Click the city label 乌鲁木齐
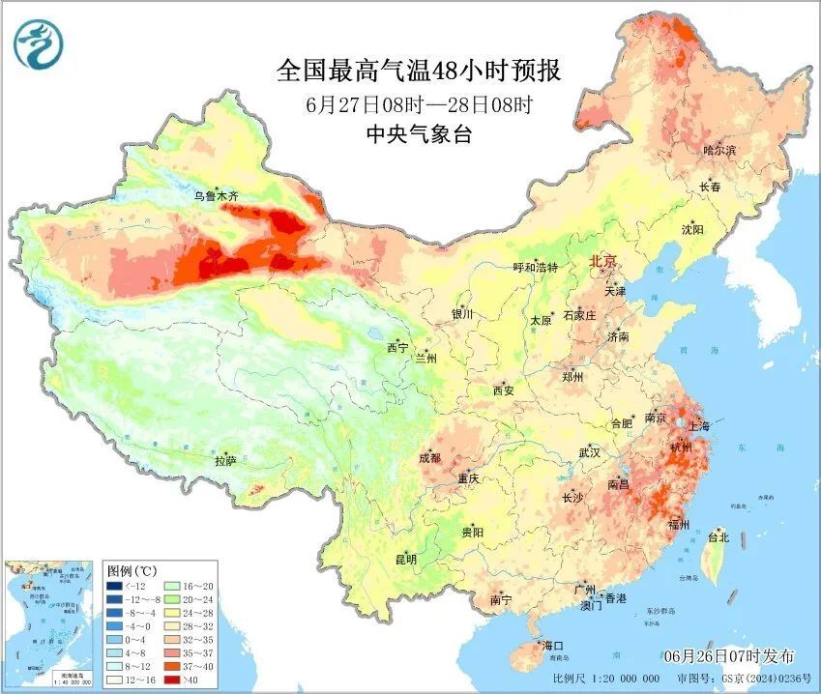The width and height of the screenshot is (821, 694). click(215, 196)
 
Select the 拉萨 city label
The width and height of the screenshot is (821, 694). click(225, 461)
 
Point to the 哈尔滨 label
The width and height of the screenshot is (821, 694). click(719, 151)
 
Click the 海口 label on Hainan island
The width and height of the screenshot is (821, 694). click(552, 646)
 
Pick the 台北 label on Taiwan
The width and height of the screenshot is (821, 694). click(718, 537)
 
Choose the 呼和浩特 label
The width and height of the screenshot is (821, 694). click(535, 268)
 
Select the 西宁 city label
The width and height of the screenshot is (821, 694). click(397, 347)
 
